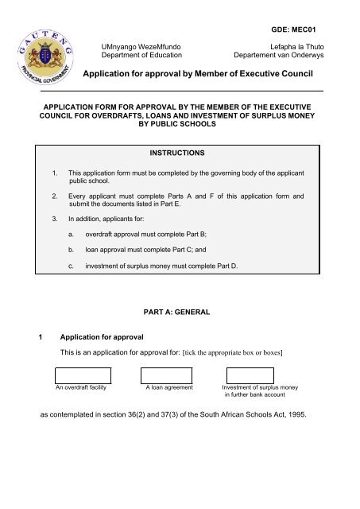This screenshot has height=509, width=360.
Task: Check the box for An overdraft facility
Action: click(x=83, y=375)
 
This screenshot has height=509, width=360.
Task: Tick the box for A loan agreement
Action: click(x=167, y=375)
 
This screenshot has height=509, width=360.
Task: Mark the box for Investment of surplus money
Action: click(x=246, y=375)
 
